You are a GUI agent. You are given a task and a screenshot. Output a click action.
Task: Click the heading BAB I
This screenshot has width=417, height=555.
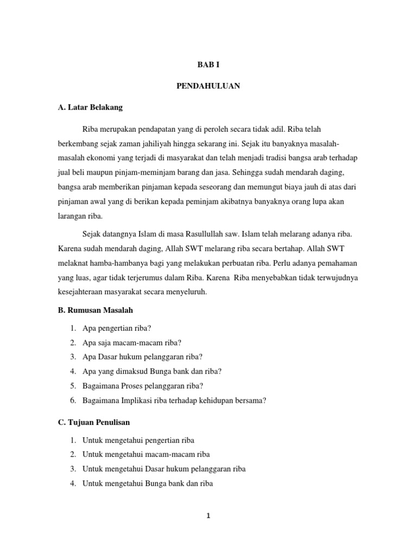pyautogui.click(x=208, y=64)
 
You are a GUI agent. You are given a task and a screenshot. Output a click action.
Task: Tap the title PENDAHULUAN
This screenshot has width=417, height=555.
pyautogui.click(x=208, y=86)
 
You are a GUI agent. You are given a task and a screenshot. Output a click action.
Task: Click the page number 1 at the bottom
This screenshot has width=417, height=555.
pyautogui.click(x=208, y=516)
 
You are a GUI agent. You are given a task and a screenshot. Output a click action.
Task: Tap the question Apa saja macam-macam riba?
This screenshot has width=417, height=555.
pyautogui.click(x=131, y=343)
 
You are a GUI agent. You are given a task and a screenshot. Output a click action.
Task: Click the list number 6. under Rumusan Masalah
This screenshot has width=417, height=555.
pyautogui.click(x=72, y=401)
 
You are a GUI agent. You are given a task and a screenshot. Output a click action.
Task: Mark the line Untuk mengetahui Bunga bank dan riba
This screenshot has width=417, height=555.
pyautogui.click(x=148, y=483)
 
